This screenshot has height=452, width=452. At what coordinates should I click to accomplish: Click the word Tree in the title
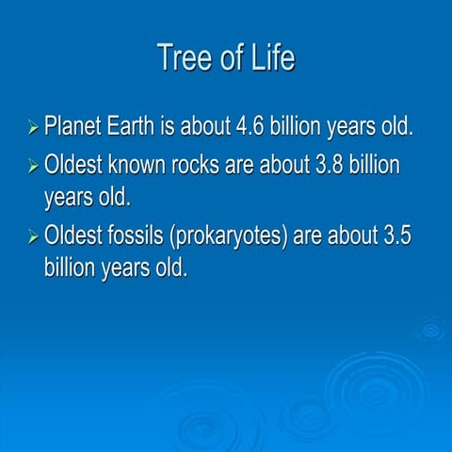[x=184, y=57]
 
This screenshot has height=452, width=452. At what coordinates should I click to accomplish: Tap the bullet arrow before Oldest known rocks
[x=34, y=167]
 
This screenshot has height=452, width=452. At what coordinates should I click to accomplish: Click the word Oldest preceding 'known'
[x=76, y=165]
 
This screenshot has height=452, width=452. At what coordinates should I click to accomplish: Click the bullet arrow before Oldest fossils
[x=34, y=236]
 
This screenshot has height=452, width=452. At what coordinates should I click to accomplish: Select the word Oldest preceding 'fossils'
[x=76, y=234]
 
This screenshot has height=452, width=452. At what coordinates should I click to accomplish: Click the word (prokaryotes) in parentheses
[x=230, y=235]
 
